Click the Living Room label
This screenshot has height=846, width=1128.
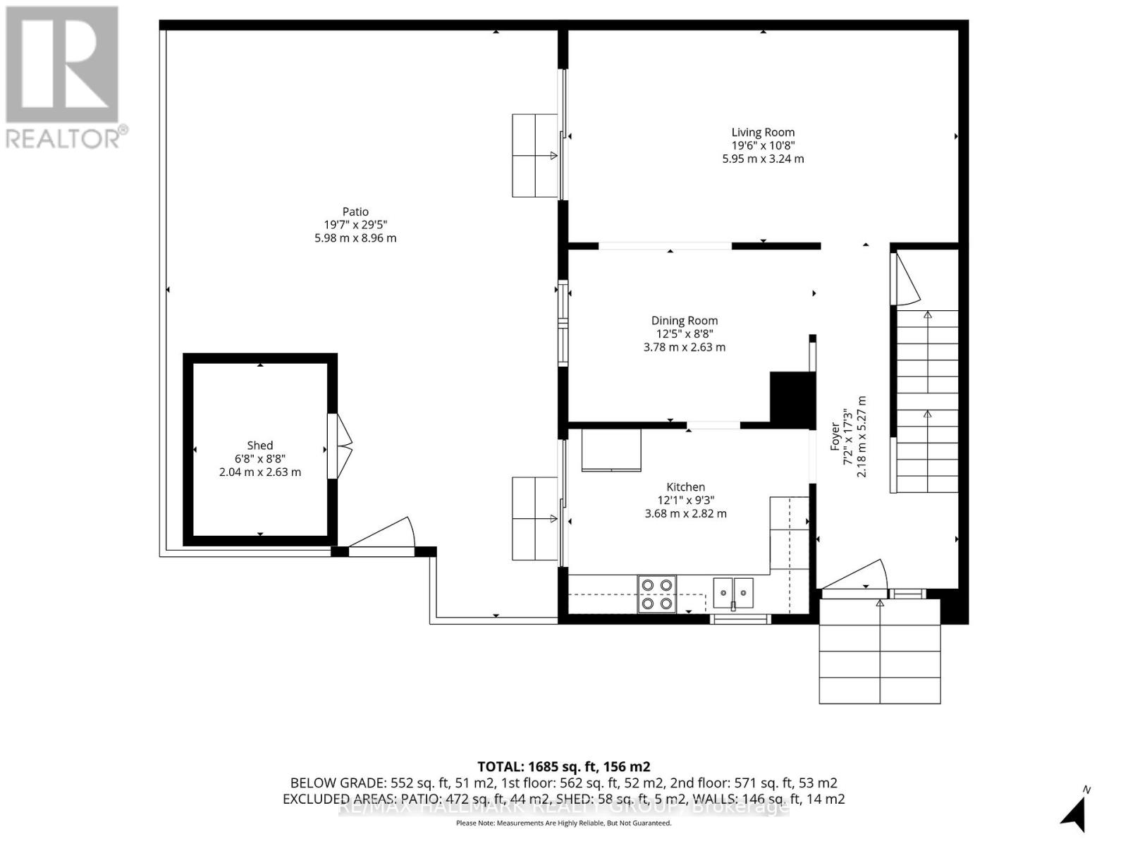[763, 133]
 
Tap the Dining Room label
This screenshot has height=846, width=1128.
[684, 321]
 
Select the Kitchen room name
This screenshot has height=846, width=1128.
[685, 487]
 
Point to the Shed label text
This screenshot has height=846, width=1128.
[259, 446]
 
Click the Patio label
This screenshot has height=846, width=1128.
[355, 211]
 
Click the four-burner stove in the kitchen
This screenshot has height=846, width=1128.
[656, 594]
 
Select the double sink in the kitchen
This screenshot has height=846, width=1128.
[732, 591]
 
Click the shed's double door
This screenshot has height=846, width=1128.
[341, 446]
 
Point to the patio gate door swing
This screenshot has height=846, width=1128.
[384, 536]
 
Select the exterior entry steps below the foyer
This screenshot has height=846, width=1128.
[879, 651]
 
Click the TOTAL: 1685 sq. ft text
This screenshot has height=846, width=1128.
[563, 766]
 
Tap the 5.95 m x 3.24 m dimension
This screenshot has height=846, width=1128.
[763, 159]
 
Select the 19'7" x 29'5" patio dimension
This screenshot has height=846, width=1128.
[355, 225]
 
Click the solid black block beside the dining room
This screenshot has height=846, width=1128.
[792, 398]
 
